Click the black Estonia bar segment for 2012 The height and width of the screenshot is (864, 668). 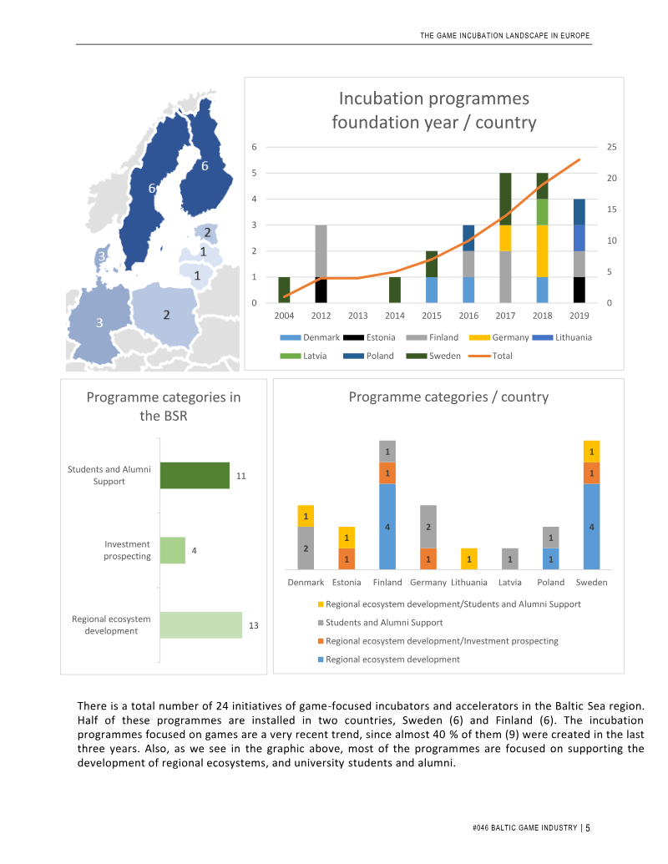[321, 290]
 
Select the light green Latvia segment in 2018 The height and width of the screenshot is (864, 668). [543, 211]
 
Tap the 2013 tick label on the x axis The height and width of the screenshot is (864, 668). [357, 316]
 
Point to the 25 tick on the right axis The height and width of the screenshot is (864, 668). [612, 147]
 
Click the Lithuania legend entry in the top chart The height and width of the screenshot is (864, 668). [562, 337]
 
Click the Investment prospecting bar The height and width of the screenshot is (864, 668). [173, 550]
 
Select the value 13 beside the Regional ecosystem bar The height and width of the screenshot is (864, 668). [254, 625]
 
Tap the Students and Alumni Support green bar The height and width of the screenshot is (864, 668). [195, 476]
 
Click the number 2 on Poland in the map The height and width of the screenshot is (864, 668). [166, 315]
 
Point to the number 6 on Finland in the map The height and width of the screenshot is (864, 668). [205, 166]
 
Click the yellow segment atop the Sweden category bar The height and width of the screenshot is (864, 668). [591, 452]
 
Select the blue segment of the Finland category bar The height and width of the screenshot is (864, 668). [387, 527]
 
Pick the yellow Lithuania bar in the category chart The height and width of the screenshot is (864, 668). [469, 558]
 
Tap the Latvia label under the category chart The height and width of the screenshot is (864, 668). [510, 583]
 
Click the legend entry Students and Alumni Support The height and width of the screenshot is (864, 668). [380, 623]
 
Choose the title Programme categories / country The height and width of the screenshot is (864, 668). [448, 397]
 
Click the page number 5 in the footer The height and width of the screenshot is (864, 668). [588, 827]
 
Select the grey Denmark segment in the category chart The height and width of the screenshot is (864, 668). [306, 548]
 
